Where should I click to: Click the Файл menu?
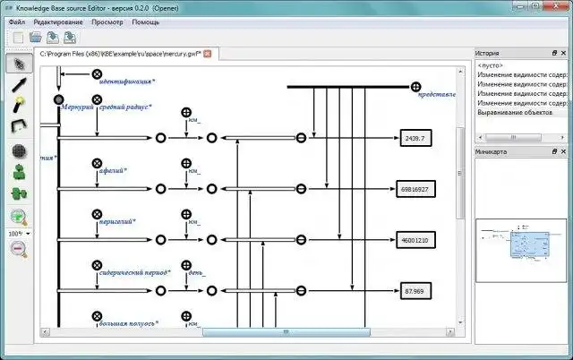[17, 21]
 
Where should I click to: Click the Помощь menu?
[146, 21]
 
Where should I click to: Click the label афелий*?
[113, 170]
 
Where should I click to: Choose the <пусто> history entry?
[491, 66]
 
